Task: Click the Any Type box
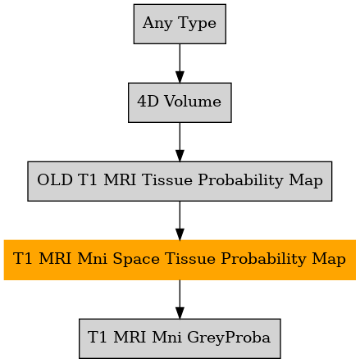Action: pos(180,24)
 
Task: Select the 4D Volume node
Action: pos(180,102)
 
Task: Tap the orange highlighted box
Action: pos(180,260)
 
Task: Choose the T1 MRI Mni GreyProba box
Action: pos(180,338)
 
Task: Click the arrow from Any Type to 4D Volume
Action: pos(180,63)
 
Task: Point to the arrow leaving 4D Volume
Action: pos(180,142)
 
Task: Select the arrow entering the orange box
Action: pos(180,220)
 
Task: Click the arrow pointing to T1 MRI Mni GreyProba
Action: pos(180,299)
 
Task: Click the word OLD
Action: pos(55,180)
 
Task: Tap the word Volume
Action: pos(193,102)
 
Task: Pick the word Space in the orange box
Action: pos(136,259)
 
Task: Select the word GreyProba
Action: pos(229,338)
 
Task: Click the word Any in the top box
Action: pos(157,23)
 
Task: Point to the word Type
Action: pos(197,24)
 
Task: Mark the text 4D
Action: pos(148,102)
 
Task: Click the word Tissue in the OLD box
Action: pos(167,180)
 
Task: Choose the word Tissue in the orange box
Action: pos(190,259)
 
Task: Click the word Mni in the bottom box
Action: pos(166,338)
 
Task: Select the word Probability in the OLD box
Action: pos(241,180)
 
